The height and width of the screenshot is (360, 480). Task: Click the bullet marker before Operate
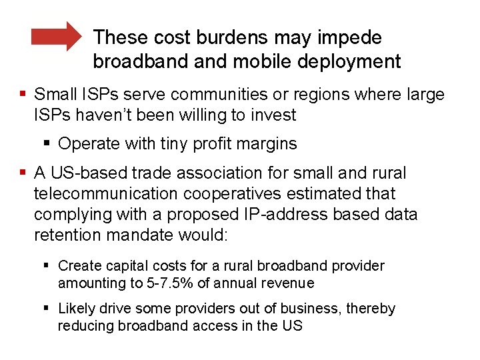point(49,143)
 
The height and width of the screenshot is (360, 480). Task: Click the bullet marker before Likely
point(49,309)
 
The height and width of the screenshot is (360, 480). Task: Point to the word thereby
point(371,309)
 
